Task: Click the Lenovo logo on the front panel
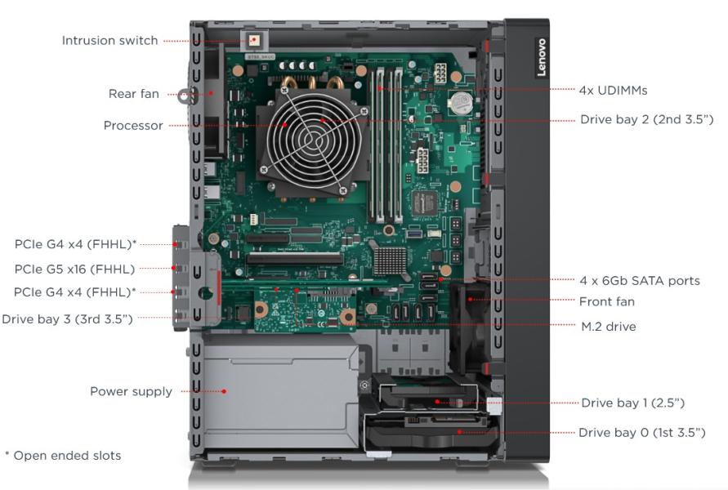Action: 543,57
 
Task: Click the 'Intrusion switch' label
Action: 110,41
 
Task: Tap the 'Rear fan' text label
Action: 134,94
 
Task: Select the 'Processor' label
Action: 133,126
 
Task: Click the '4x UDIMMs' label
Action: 613,90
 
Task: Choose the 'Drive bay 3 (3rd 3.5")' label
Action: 67,318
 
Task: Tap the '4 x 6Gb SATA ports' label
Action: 640,281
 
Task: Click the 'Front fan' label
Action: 607,301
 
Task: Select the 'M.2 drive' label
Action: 608,326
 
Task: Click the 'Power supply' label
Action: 131,391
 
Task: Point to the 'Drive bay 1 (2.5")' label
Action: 632,403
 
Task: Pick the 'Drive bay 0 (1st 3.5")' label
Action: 642,431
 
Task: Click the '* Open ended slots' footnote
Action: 63,456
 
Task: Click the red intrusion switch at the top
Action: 255,39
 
